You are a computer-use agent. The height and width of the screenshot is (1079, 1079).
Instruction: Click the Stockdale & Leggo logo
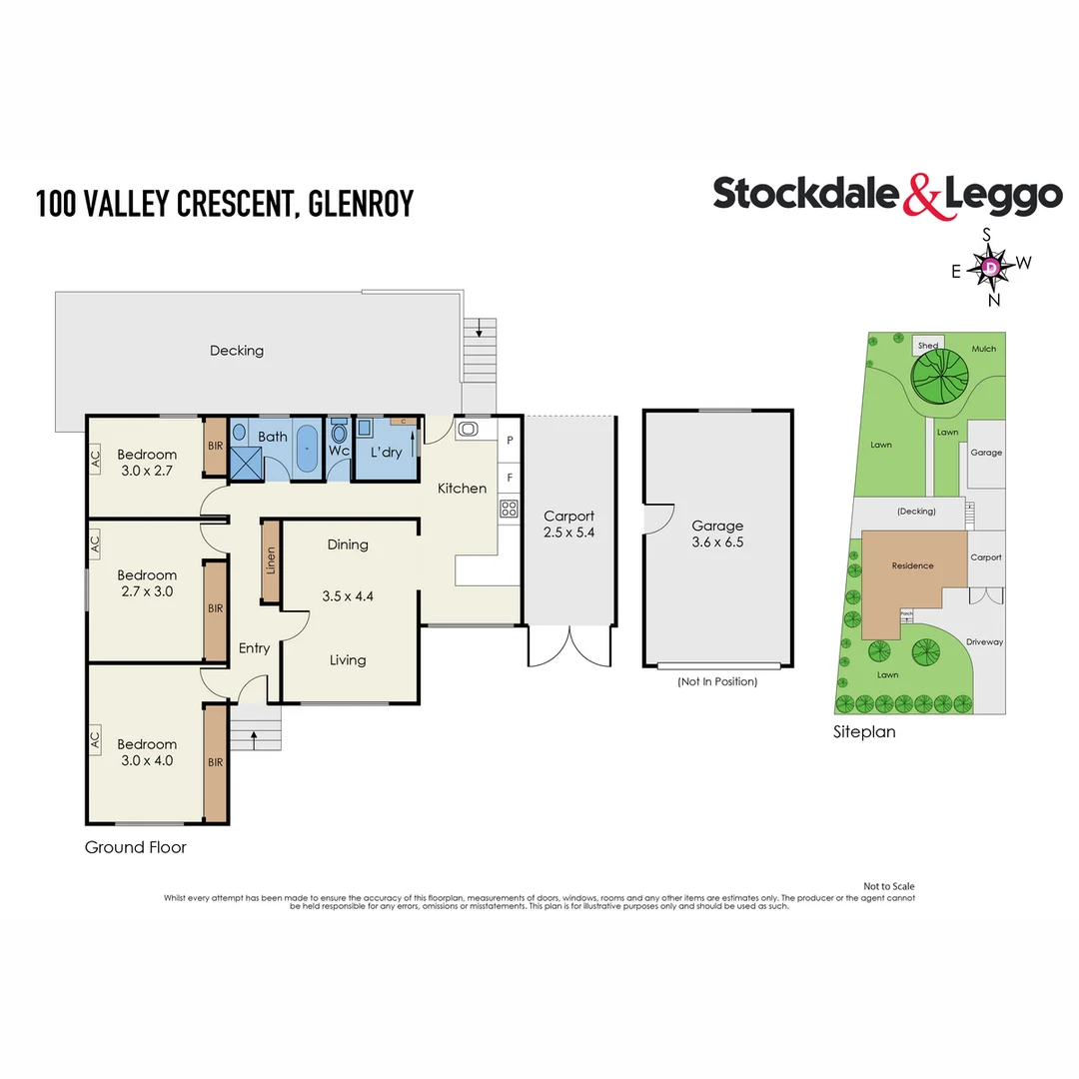click(887, 195)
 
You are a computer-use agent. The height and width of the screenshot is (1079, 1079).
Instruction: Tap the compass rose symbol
click(990, 267)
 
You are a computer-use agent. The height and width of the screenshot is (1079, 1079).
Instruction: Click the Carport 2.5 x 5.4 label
click(568, 525)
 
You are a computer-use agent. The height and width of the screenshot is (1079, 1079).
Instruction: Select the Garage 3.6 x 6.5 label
click(717, 534)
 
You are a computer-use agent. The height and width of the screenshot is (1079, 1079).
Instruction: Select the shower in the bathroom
click(246, 463)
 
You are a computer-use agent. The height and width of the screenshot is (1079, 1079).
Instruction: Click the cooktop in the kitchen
click(509, 509)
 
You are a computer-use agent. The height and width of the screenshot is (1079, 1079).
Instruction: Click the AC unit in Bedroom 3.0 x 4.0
click(95, 740)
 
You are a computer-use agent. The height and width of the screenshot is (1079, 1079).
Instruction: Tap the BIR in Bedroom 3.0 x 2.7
click(215, 447)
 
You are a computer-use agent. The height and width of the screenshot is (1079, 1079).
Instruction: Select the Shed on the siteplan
click(928, 346)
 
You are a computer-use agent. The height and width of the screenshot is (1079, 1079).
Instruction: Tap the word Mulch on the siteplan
click(983, 349)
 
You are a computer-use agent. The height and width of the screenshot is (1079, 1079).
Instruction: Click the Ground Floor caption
click(135, 847)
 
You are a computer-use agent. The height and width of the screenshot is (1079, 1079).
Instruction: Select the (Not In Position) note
click(716, 681)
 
